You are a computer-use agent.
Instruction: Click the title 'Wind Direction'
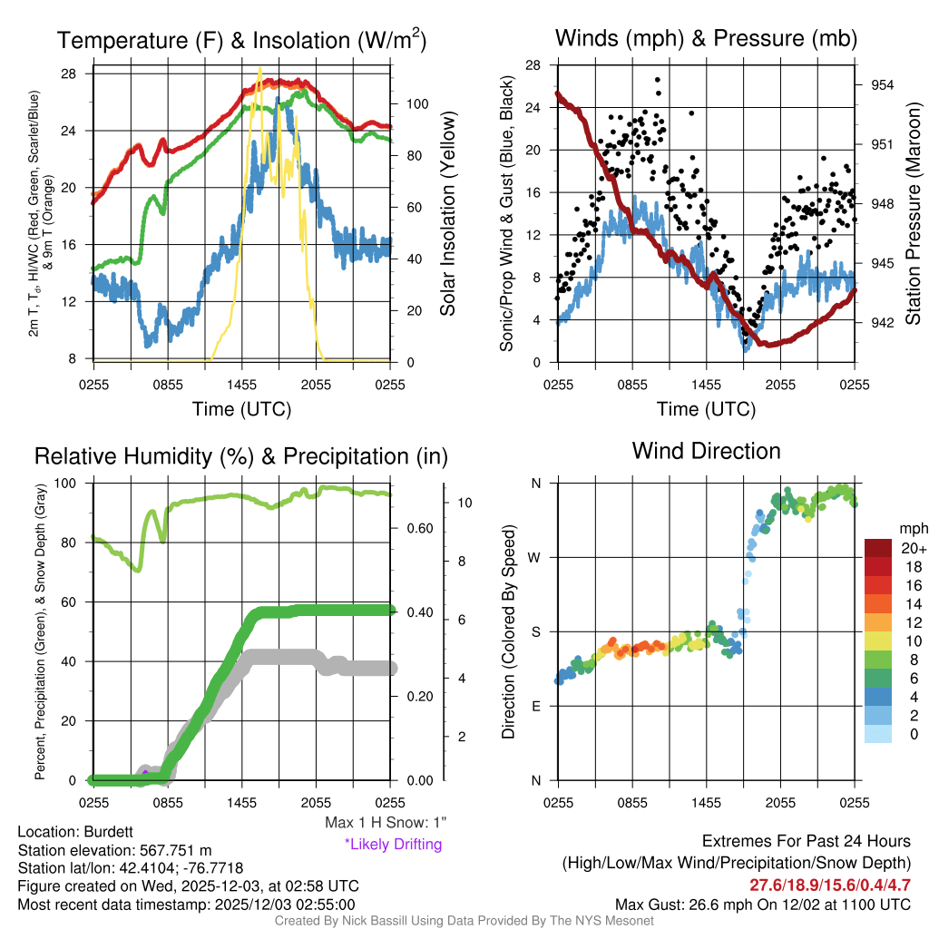click(x=706, y=451)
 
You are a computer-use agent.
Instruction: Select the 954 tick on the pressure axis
click(x=884, y=84)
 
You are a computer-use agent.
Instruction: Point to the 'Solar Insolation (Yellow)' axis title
click(x=447, y=213)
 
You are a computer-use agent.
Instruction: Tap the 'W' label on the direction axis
click(x=535, y=557)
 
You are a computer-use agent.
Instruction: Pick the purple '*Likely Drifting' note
click(x=393, y=844)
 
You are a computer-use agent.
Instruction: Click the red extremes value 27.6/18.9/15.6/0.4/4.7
click(x=829, y=885)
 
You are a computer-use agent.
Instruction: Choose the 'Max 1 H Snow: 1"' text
click(x=386, y=823)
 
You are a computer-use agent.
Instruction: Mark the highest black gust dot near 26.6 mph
click(x=658, y=79)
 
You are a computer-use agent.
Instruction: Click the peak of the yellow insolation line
click(x=260, y=69)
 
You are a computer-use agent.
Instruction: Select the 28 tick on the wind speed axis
click(x=533, y=65)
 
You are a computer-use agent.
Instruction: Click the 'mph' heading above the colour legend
click(x=912, y=528)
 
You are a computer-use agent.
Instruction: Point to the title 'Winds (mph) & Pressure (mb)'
click(x=706, y=38)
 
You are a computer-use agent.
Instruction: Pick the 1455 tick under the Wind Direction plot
click(x=706, y=801)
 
